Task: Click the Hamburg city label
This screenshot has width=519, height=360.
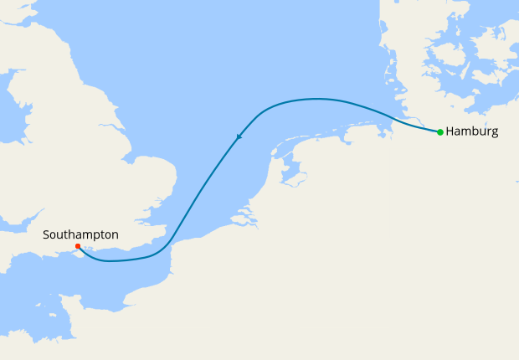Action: (472, 131)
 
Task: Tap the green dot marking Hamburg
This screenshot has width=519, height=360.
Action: (440, 131)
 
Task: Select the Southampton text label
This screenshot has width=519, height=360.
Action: (80, 235)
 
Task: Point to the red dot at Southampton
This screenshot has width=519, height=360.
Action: (77, 246)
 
